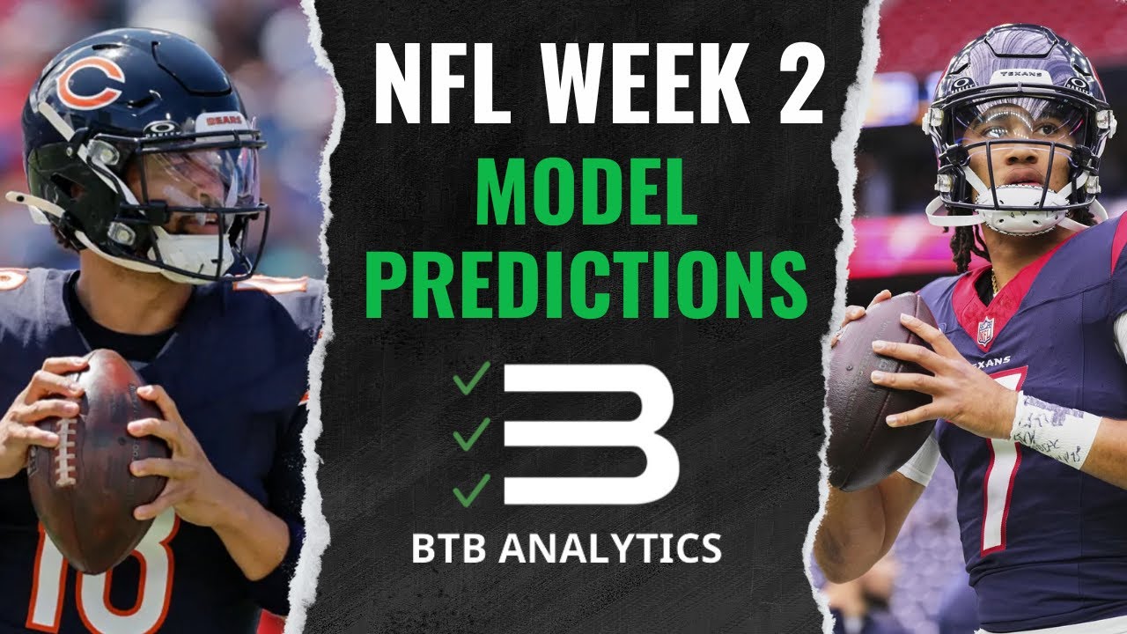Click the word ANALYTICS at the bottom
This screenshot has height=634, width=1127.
611,548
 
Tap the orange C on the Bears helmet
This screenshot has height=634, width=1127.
91,81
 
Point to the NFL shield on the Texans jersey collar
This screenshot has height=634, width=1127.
985,330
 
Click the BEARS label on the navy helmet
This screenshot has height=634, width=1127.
218,122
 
